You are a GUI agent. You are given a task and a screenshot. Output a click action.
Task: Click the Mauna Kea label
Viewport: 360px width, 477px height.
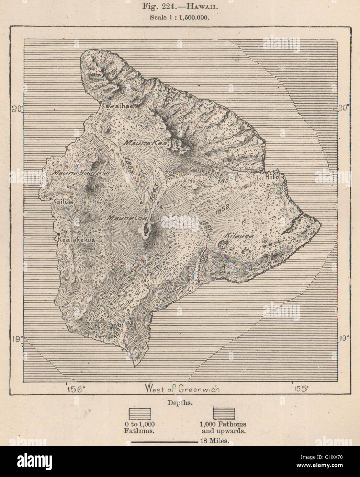click(146, 143)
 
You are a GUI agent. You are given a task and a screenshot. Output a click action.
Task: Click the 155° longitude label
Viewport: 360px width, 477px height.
click(300, 389)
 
